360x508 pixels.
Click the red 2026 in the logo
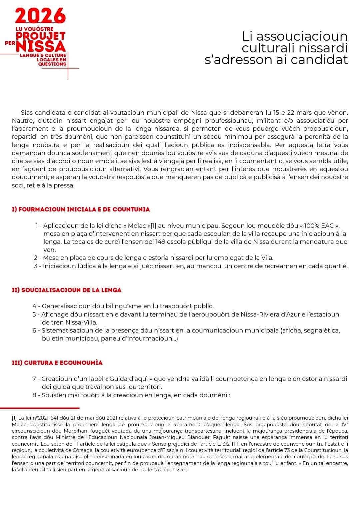coord(40,16)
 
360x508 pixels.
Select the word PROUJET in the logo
coord(45,36)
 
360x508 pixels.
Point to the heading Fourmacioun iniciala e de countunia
coord(81,209)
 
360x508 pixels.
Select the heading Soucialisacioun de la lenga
coord(67,290)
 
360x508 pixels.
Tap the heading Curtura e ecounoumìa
coord(57,363)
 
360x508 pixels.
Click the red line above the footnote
coord(40,408)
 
